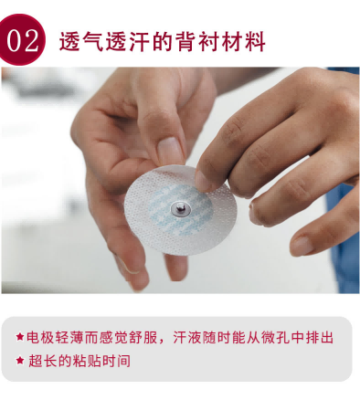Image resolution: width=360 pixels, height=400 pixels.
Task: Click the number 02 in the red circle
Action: tap(23, 40)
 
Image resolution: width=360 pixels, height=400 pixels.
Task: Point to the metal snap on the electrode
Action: tap(181, 209)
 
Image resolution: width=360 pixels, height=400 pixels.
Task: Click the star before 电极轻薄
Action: tap(20, 337)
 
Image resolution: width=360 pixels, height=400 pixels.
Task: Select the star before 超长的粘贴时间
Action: tap(20, 361)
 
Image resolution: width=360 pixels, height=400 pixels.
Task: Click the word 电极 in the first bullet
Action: tap(40, 337)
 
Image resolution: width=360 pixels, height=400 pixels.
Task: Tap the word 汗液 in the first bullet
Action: tap(187, 337)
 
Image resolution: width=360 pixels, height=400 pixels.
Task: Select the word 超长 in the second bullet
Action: tap(42, 361)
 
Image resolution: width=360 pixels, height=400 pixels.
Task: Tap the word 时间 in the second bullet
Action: tap(116, 361)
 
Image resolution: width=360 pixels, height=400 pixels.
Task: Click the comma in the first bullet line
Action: tap(162, 342)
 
